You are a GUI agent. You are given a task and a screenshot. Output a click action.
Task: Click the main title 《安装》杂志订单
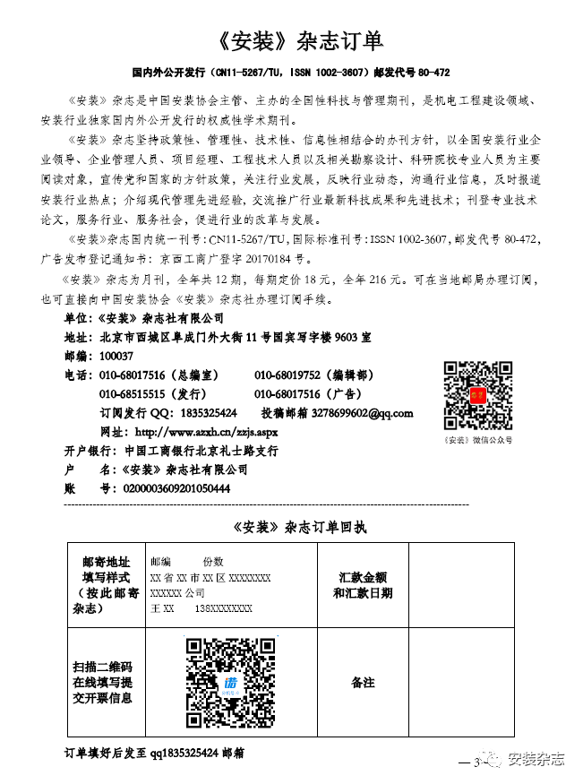tap(291, 40)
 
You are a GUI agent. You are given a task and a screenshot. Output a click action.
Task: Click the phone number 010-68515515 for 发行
tap(132, 394)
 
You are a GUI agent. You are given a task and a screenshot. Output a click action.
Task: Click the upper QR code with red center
tap(477, 395)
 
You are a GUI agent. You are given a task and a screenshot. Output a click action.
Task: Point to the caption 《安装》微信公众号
tap(478, 440)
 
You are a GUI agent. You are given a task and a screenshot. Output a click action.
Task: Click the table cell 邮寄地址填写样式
tap(106, 584)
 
